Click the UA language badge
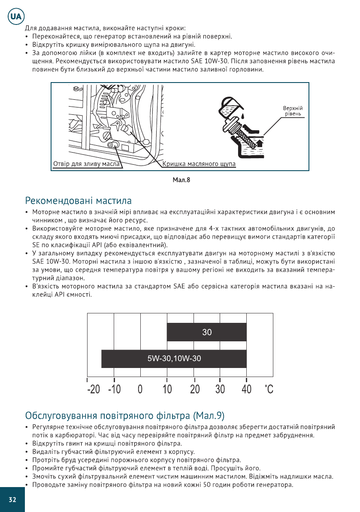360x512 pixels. (x=15, y=18)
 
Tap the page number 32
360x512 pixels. (x=12, y=499)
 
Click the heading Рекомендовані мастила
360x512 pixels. (x=79, y=201)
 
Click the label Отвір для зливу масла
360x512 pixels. (x=86, y=164)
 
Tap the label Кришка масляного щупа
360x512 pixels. (x=199, y=164)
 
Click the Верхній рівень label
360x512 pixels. (x=293, y=111)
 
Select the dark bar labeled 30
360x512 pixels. (x=206, y=332)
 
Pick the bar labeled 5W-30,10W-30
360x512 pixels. (x=174, y=359)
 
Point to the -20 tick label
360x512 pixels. (x=94, y=390)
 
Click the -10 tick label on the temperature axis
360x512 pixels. (x=114, y=390)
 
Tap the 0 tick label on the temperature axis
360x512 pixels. (x=140, y=390)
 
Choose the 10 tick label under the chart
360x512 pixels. (x=167, y=390)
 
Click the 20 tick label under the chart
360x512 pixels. (x=194, y=390)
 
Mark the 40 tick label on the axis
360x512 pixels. (x=246, y=390)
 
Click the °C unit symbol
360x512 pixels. (x=269, y=390)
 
